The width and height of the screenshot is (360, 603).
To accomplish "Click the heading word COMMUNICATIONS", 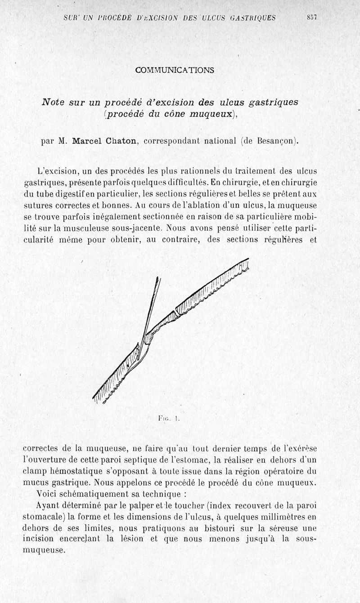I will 175,70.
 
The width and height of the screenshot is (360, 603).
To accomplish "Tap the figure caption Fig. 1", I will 169,418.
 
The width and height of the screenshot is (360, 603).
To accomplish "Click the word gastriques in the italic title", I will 270,103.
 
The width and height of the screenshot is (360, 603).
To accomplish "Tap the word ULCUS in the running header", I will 214,18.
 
